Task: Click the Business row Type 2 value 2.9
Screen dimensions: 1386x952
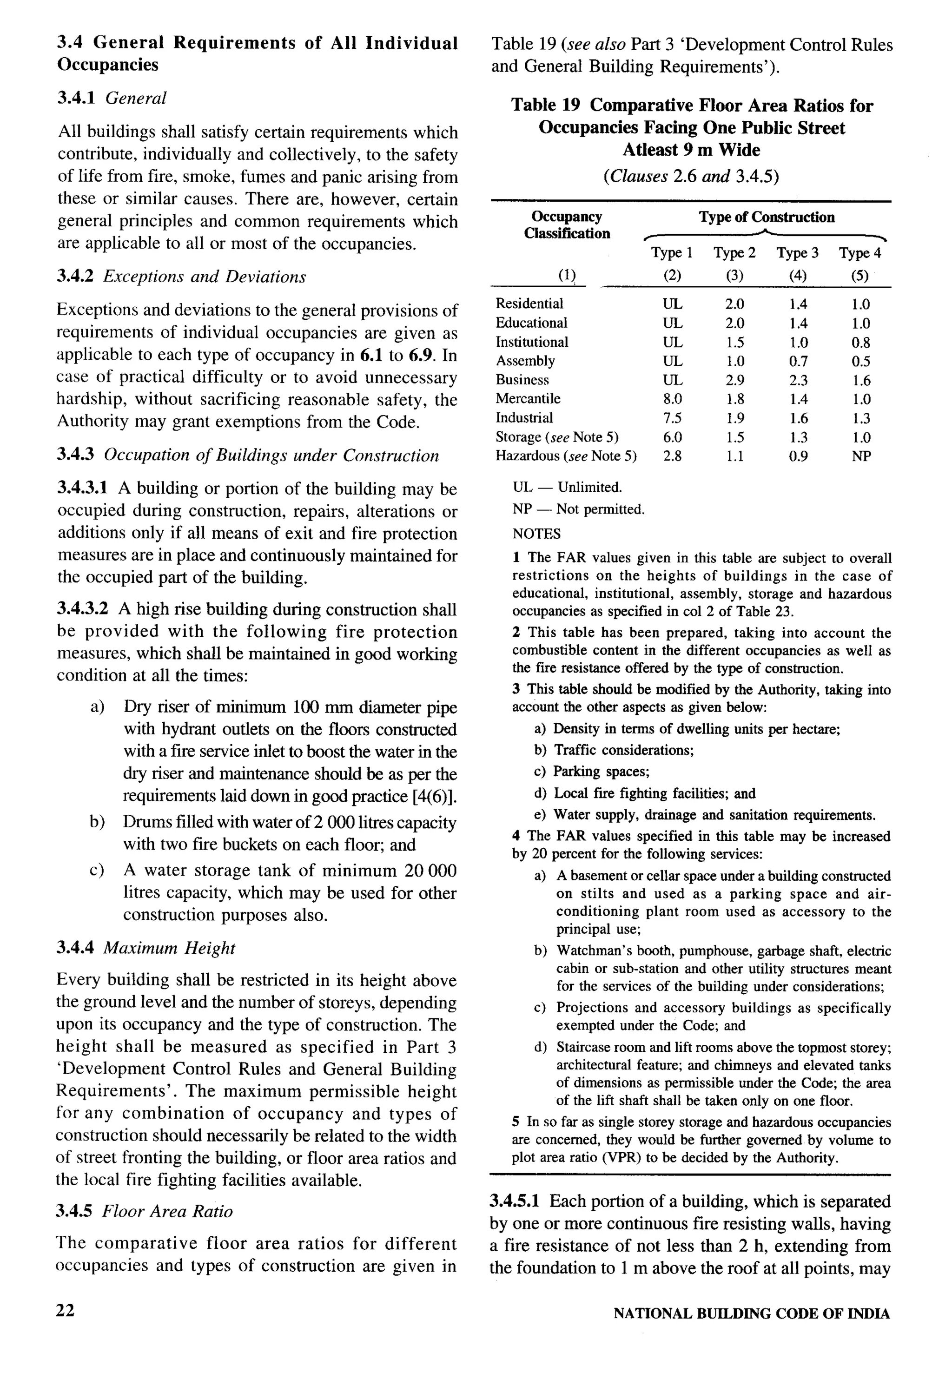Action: [x=734, y=380]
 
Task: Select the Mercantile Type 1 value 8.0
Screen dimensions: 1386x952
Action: [x=672, y=399]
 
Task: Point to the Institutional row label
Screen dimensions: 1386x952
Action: [x=531, y=342]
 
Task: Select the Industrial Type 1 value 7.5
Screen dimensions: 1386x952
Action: [x=672, y=418]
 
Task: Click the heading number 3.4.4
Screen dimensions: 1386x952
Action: [x=76, y=948]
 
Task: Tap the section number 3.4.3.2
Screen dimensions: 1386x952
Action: [x=82, y=609]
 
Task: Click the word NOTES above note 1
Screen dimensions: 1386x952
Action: [x=536, y=533]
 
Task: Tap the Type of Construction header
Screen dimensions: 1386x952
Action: [x=767, y=217]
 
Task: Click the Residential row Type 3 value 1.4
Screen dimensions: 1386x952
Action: [x=798, y=304]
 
